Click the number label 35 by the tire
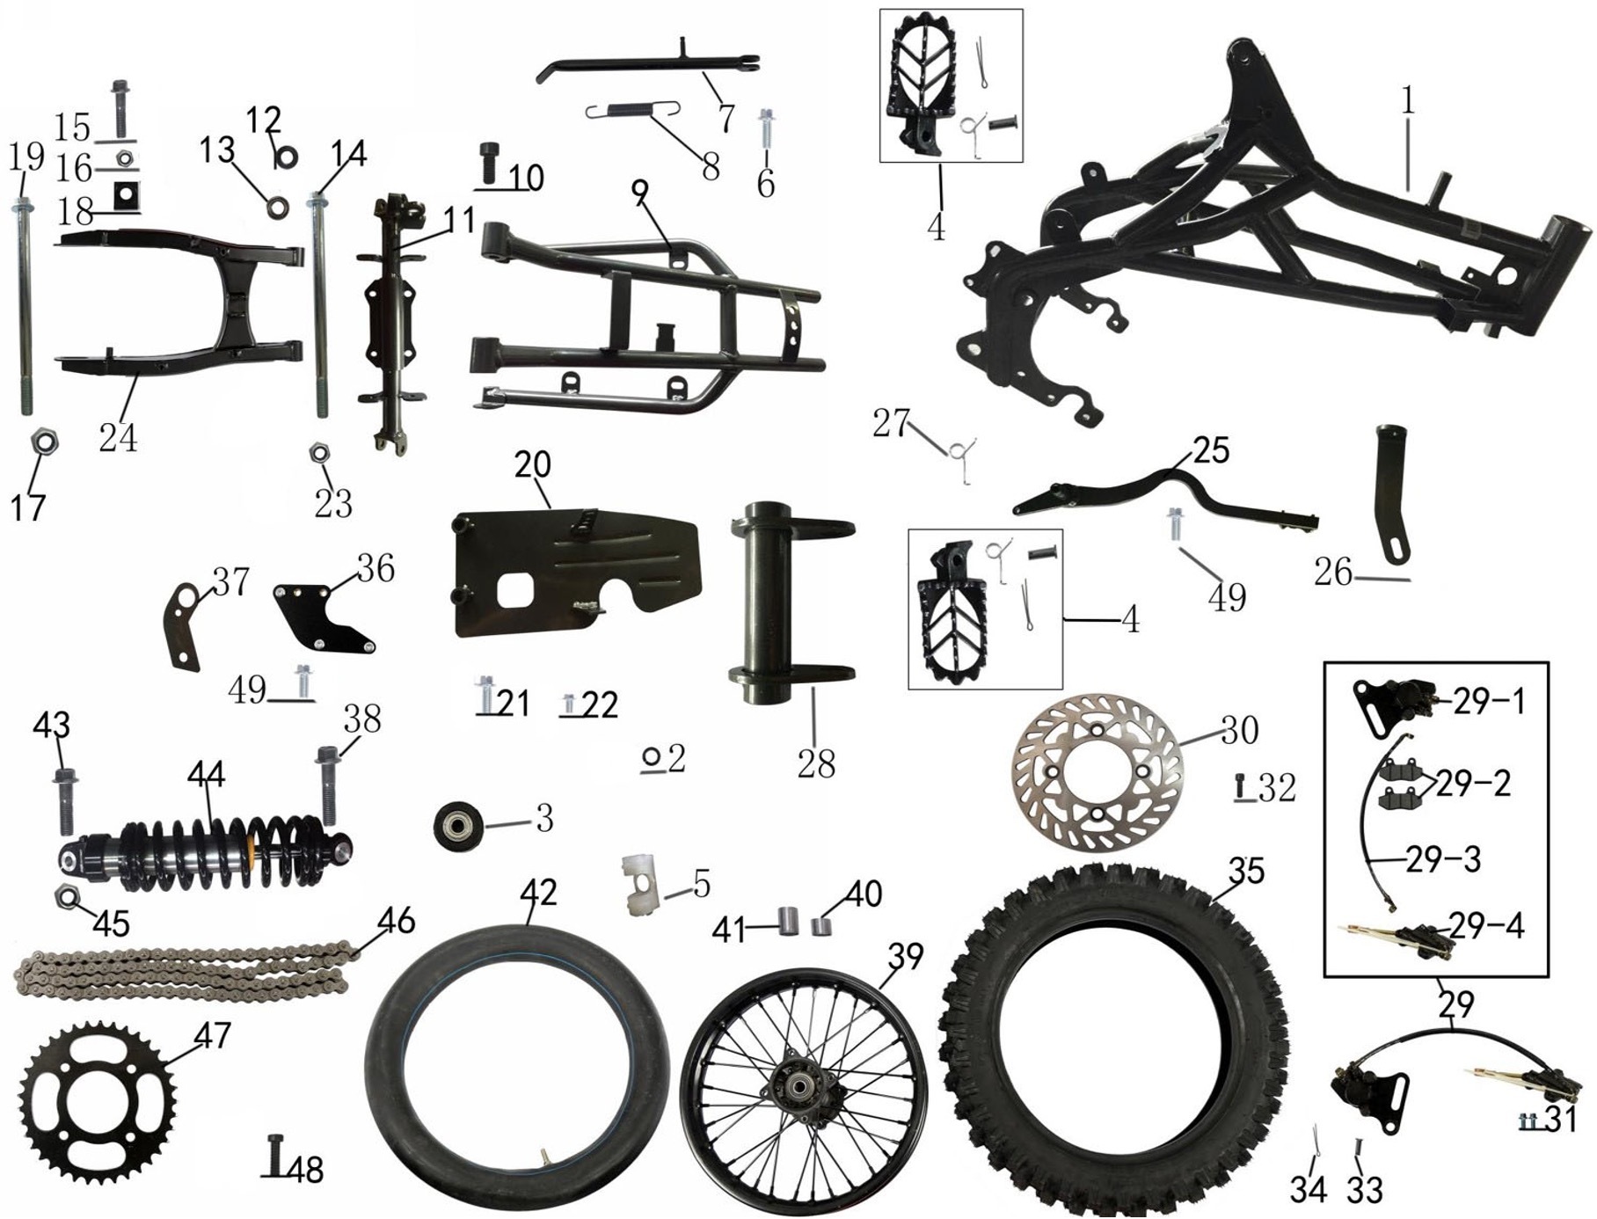coord(1245,870)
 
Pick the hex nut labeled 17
coord(44,441)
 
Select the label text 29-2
coord(1473,783)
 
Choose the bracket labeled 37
coord(182,625)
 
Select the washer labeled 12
coord(287,157)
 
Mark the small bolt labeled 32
coord(1241,785)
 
